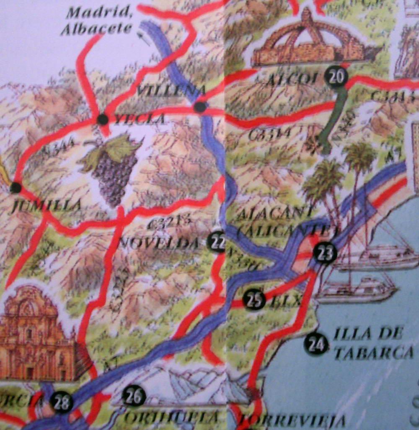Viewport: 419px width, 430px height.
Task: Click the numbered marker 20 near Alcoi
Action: coord(336,76)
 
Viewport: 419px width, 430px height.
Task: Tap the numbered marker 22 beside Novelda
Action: coord(217,241)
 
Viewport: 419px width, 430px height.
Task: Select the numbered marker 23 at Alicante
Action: coord(326,253)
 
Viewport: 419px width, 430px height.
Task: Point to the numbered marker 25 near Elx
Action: coord(254,300)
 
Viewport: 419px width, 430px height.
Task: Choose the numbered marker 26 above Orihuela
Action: coord(134,396)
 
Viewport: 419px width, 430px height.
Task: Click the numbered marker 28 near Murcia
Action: coord(61,403)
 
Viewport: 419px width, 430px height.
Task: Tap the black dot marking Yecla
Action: coord(102,119)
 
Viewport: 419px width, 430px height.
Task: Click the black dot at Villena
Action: coord(200,107)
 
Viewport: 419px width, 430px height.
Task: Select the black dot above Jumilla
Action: coord(16,187)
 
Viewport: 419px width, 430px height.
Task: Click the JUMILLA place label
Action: coord(47,205)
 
